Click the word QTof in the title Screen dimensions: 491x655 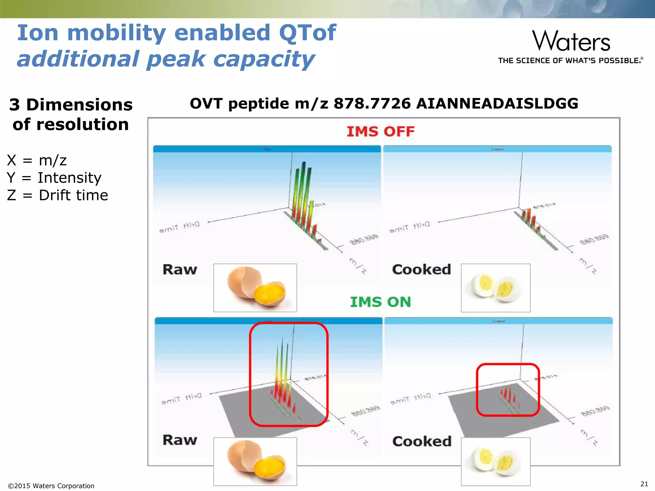307,33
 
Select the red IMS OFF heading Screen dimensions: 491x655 381,132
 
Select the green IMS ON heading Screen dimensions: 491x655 380,302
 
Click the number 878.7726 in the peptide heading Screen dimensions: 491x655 372,104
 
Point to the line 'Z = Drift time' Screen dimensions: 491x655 58,195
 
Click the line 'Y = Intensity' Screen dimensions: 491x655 54,178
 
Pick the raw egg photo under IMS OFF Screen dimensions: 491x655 255,287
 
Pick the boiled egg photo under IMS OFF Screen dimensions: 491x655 495,287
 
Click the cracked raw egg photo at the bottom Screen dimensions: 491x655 255,461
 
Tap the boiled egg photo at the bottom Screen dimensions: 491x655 495,461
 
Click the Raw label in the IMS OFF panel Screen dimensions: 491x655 180,269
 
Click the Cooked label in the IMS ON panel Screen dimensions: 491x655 422,441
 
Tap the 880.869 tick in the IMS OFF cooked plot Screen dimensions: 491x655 594,239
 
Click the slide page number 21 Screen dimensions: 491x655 644,484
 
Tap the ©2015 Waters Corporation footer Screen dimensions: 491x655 51,486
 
